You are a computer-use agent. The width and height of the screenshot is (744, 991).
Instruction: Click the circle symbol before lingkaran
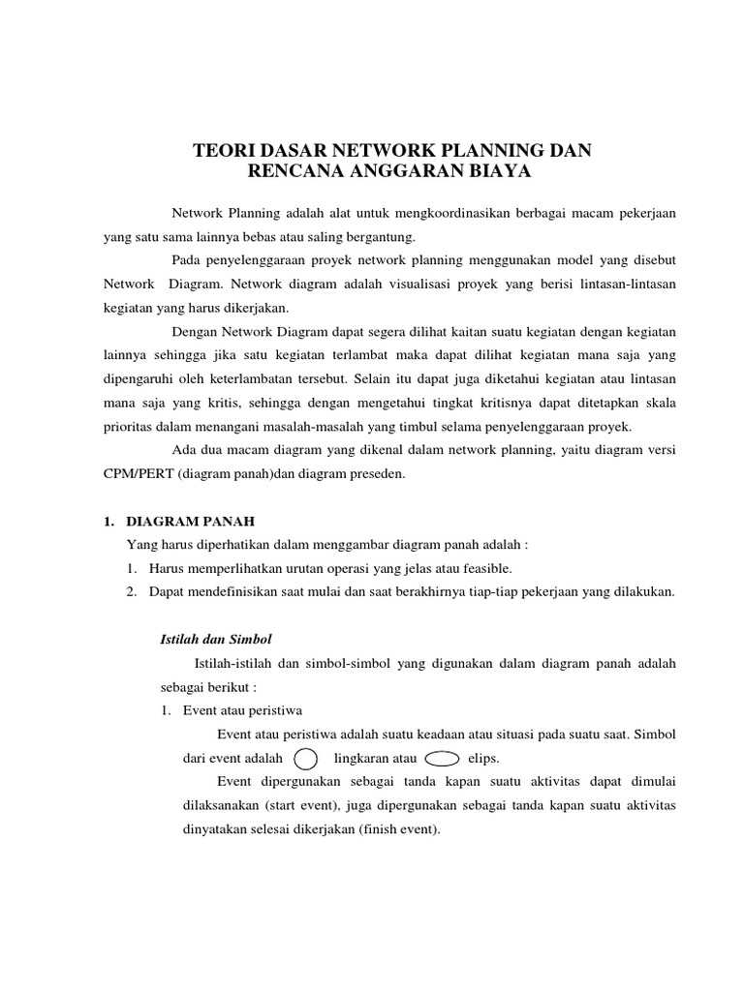pyautogui.click(x=304, y=758)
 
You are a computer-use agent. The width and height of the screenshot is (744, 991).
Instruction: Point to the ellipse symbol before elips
pyautogui.click(x=442, y=758)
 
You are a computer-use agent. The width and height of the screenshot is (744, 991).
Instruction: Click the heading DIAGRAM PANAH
pyautogui.click(x=191, y=521)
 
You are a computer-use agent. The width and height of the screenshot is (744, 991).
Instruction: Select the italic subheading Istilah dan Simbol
pyautogui.click(x=215, y=640)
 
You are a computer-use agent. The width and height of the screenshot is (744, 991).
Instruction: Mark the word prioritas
pyautogui.click(x=131, y=427)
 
